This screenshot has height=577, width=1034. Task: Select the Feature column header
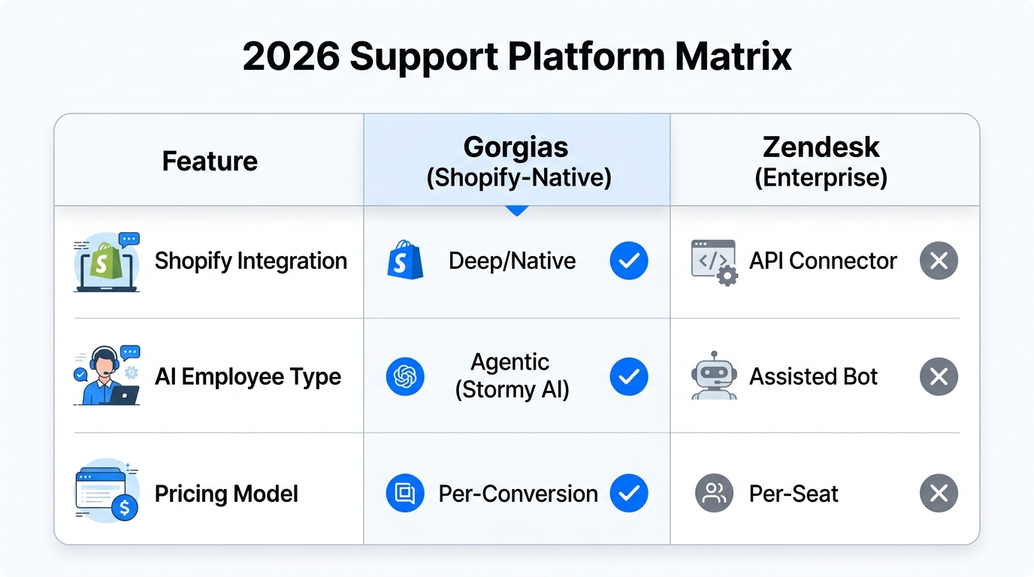click(x=210, y=161)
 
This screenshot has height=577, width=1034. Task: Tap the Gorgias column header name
click(x=515, y=147)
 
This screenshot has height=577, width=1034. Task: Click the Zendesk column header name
click(x=821, y=147)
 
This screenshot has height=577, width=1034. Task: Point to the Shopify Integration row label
click(x=250, y=261)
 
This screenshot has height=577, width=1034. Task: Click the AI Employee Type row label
click(x=247, y=376)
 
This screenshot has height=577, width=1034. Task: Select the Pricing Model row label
click(x=226, y=494)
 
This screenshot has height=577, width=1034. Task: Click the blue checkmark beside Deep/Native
click(x=628, y=261)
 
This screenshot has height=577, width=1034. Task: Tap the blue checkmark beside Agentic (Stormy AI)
click(x=628, y=376)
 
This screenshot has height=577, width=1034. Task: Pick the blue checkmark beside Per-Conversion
click(x=628, y=494)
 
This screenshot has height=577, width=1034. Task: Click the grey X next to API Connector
click(x=938, y=261)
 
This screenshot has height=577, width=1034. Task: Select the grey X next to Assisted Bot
click(x=938, y=376)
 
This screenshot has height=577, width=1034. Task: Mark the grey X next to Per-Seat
click(x=938, y=494)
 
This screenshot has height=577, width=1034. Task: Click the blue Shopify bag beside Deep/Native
click(x=405, y=261)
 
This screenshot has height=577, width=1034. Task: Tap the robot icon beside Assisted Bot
click(x=712, y=375)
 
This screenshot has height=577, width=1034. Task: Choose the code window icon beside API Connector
click(x=713, y=262)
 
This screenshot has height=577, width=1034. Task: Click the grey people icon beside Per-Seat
click(x=713, y=494)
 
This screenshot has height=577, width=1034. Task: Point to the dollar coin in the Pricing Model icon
click(x=124, y=508)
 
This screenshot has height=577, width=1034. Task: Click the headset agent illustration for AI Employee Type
click(x=105, y=375)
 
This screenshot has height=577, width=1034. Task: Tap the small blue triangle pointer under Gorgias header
click(x=516, y=210)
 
